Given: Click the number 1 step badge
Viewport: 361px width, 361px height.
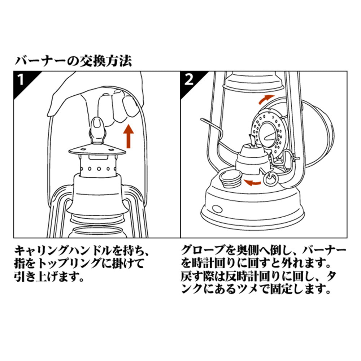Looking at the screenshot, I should [22, 79].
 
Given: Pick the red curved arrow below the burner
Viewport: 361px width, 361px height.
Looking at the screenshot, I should [252, 182].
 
